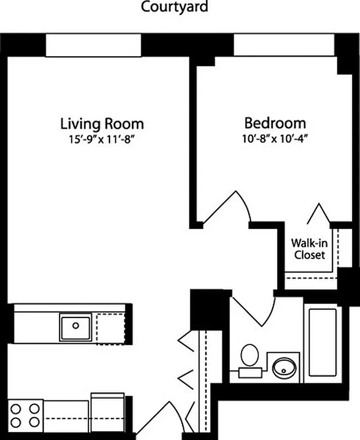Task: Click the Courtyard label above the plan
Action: pos(174,8)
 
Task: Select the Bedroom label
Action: pos(275,123)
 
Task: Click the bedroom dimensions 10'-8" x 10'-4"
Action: pos(275,137)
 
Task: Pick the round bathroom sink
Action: pos(284,367)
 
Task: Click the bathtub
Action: pos(323,342)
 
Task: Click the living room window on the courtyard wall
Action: pos(93,45)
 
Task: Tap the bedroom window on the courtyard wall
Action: pos(284,45)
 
